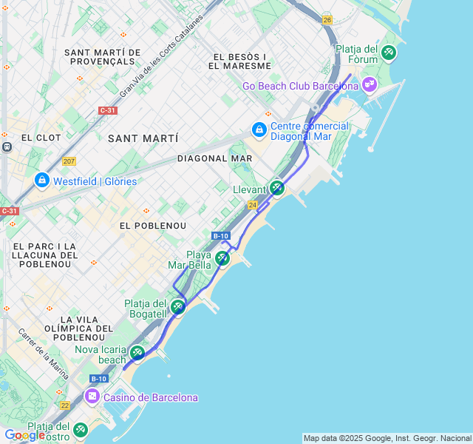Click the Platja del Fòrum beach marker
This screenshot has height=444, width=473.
(389, 53)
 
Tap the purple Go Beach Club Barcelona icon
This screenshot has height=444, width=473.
(370, 85)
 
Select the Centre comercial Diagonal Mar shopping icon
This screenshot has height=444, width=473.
(259, 131)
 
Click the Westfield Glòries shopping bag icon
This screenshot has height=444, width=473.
(42, 180)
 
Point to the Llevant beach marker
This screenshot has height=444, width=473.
(276, 188)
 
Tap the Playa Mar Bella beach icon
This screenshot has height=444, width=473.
(222, 258)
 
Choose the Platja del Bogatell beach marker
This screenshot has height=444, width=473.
(177, 306)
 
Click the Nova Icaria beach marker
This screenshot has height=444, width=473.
(137, 352)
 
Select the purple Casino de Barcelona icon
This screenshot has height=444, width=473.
(92, 397)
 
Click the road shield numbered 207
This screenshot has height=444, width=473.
(69, 161)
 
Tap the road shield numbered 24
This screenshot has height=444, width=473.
(253, 205)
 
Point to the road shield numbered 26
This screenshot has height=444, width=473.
(327, 20)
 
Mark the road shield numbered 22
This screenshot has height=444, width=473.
(65, 405)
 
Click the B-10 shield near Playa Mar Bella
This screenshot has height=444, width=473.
(220, 236)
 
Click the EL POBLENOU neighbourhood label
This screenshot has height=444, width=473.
(153, 225)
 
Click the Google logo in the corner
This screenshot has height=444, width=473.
(24, 435)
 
